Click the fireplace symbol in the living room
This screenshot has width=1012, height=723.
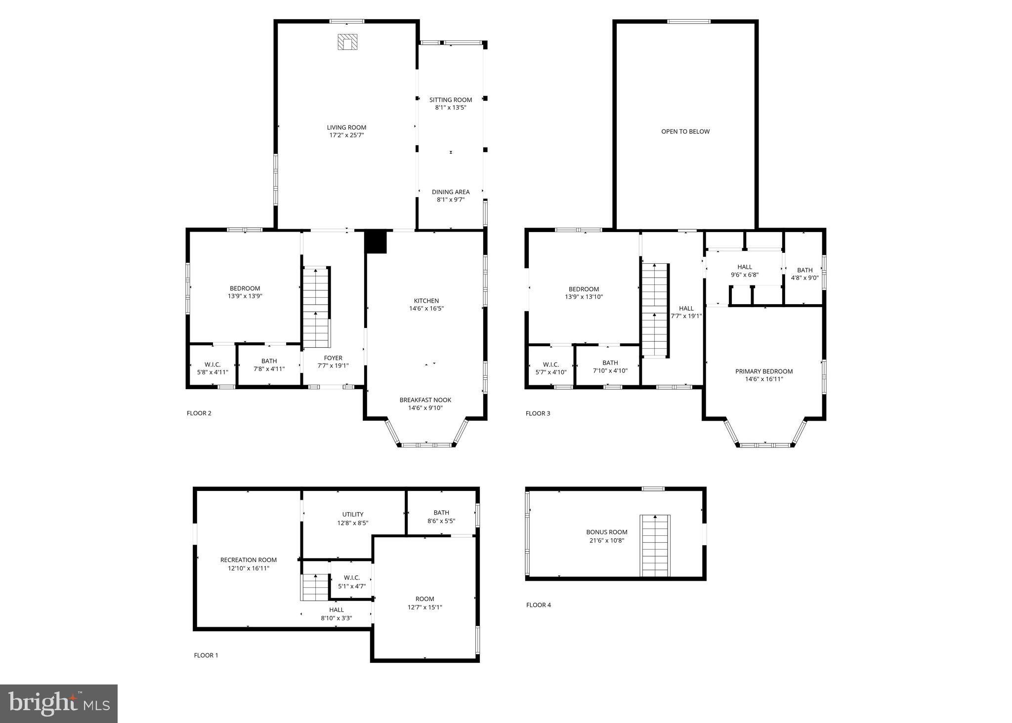tap(347, 42)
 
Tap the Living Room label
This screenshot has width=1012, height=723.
tap(346, 127)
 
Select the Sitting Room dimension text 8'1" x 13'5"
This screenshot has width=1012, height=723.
tap(450, 107)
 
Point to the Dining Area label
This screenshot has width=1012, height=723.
tap(451, 192)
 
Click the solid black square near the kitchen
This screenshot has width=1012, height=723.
tap(376, 242)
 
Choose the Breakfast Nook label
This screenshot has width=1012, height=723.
tap(425, 400)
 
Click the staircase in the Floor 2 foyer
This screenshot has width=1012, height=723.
tap(316, 307)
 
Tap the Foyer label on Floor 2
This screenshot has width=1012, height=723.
tap(333, 358)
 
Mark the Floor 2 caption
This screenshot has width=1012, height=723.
tap(199, 413)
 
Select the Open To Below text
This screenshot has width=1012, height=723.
tap(685, 131)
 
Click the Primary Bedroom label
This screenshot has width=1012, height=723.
tap(764, 371)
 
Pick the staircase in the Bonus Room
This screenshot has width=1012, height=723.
tap(655, 546)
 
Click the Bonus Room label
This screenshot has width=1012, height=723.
tap(607, 532)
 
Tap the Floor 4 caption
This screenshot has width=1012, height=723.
tap(539, 605)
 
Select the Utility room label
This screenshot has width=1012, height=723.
tap(353, 514)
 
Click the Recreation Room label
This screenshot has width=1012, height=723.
tap(248, 560)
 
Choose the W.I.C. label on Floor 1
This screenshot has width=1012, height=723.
tap(352, 578)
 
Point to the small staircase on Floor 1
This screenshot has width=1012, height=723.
tap(315, 587)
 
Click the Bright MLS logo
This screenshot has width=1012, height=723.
tap(59, 704)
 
